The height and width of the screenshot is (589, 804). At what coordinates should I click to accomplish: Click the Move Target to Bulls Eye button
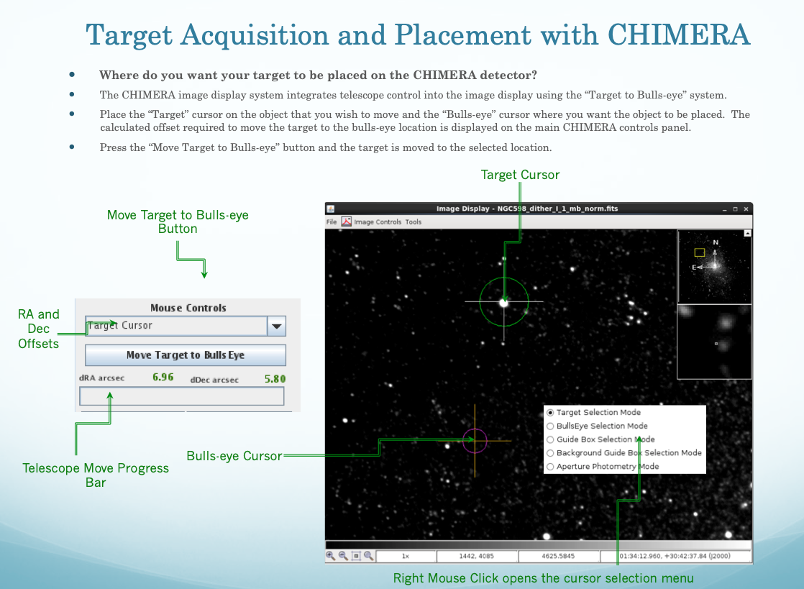185,355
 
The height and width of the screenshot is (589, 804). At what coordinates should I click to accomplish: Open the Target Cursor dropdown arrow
276,326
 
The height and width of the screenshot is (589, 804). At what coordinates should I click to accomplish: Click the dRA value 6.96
163,378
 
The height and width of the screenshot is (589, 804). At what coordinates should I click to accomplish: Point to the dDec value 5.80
275,379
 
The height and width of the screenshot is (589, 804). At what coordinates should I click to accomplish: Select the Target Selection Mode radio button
550,412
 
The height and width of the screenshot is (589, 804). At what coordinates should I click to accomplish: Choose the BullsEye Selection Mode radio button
550,426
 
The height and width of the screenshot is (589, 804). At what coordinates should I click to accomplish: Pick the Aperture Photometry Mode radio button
550,467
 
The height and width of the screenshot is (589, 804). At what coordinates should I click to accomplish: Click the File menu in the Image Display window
332,222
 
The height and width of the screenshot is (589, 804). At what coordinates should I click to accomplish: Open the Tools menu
414,222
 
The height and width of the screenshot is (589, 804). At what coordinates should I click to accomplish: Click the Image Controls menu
378,222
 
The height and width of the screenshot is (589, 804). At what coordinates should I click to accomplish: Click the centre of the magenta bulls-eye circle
475,440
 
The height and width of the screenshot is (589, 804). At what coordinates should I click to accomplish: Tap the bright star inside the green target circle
504,303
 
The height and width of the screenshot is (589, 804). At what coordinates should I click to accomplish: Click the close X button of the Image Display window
746,209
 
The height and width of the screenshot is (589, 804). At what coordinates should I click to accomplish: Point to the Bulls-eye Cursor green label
234,456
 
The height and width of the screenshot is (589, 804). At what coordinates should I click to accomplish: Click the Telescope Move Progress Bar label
96,475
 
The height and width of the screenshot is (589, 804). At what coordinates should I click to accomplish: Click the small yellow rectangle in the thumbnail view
700,252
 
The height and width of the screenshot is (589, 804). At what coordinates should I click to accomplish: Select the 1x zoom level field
406,556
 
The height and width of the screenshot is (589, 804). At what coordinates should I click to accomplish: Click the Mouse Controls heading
188,308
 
